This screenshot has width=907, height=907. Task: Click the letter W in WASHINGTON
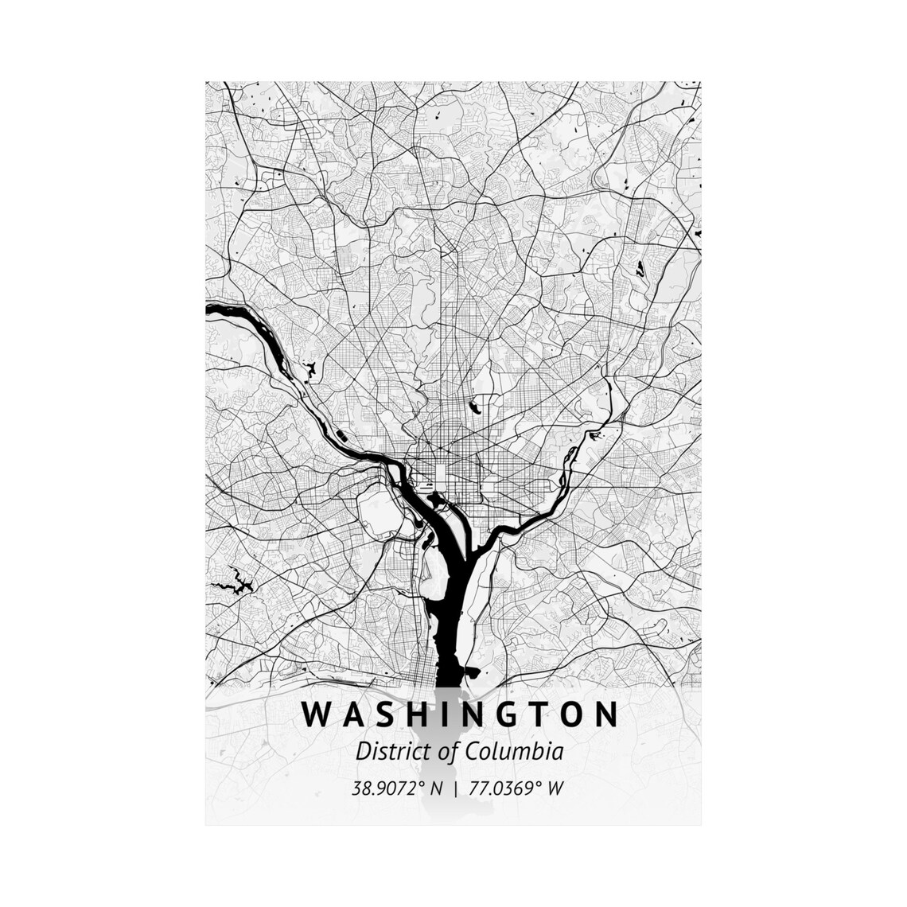pos(314,714)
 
